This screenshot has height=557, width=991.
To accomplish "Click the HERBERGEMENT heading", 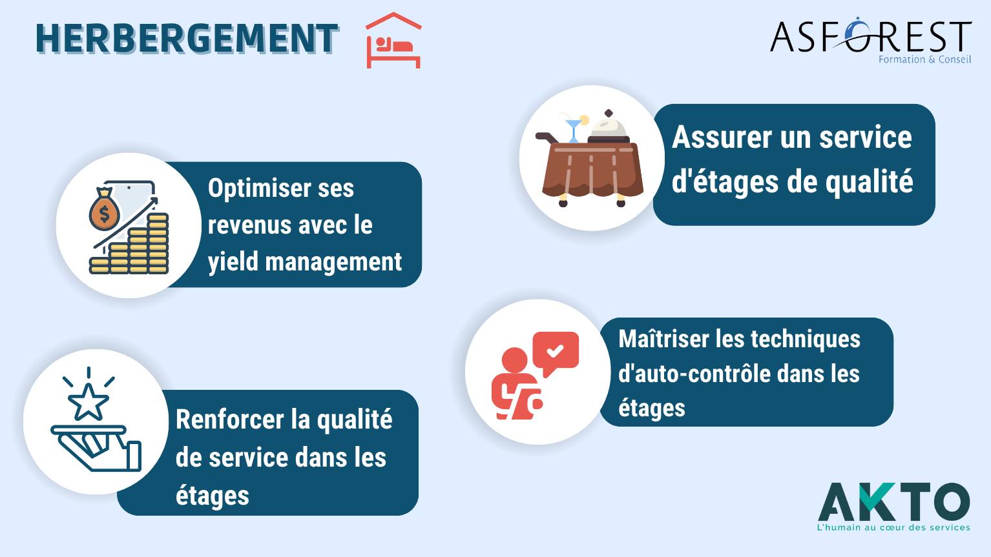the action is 187,39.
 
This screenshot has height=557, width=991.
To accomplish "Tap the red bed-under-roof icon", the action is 393,40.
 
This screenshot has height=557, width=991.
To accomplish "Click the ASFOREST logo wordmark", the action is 871,35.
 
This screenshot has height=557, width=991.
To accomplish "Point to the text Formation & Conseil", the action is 924,59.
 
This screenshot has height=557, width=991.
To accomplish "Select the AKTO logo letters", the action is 894,501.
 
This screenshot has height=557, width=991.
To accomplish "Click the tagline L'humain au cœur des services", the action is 893,527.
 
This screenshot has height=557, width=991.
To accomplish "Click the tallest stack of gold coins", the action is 158,243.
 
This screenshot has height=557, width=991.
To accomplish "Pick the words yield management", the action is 305,261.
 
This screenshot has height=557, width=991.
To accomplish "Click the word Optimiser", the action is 259,188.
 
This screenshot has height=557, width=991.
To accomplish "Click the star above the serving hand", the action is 89,401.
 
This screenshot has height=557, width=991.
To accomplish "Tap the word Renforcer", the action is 229,420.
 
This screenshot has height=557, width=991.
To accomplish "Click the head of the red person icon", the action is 514,360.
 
